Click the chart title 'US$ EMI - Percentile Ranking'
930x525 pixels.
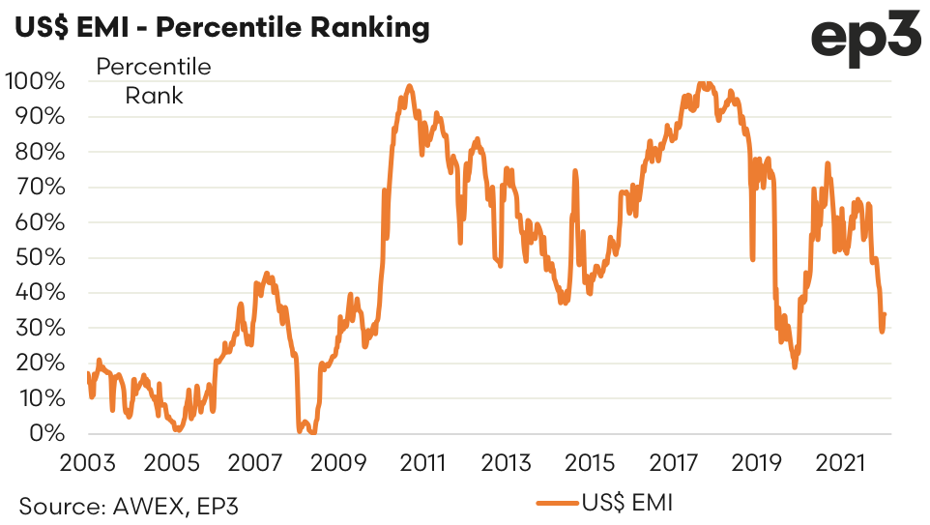221,27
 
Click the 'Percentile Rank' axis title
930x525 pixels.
153,82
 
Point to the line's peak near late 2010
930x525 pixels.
409,86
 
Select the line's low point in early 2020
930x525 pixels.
795,366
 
